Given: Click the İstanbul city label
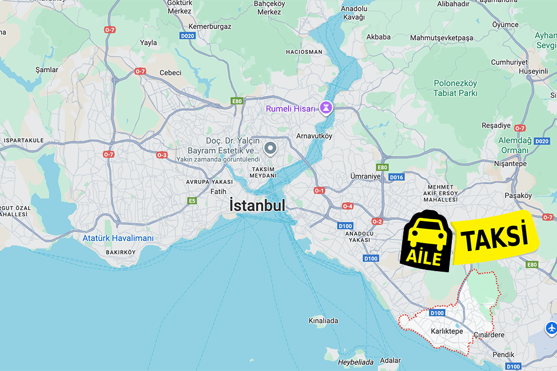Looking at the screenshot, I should coord(257,205).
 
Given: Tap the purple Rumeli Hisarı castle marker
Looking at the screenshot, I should coord(326,107).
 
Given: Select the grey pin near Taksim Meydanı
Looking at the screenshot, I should coord(271,149).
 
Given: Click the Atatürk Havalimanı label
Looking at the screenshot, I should coord(118,238).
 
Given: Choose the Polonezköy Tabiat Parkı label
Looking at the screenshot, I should coord(455,88).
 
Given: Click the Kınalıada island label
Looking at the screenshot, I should coord(323,320).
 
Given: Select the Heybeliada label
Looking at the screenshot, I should coord(355,362).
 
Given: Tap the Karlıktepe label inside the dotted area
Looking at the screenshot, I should coord(447,331).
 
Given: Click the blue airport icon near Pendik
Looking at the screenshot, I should coord(551,328).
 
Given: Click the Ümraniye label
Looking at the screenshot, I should coord(365,176).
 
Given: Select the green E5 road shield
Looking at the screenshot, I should coord(193,201).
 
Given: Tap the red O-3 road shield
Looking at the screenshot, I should coord(162,155).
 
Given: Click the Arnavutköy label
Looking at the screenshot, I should coord(314,136).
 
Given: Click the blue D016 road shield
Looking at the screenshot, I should coord(396,178).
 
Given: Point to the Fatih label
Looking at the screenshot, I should coord(218,191).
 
